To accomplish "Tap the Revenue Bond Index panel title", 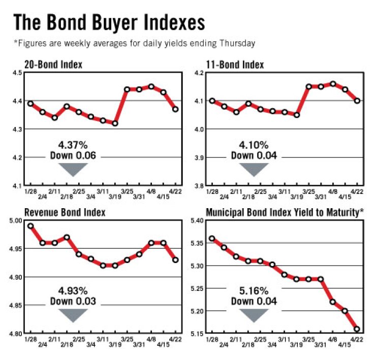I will coord(65,212).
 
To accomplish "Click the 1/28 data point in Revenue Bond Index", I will coord(30,226).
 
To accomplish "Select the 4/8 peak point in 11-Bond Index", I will coord(333,84).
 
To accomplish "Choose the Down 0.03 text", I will coord(73,301).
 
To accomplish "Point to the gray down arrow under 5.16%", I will coord(254,315).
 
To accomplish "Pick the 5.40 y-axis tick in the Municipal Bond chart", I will coord(196,221).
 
